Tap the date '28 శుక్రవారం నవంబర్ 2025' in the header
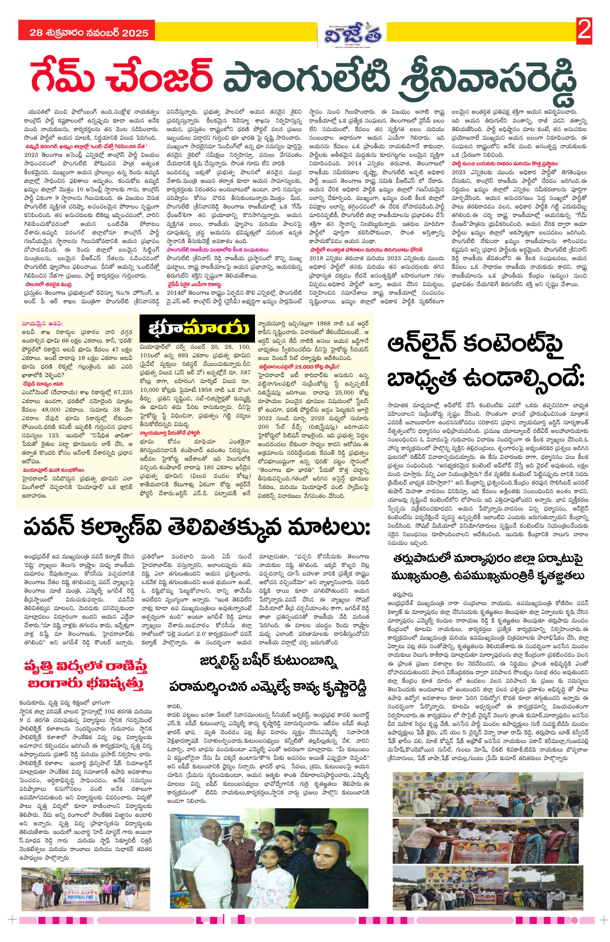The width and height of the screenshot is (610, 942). (x=89, y=33)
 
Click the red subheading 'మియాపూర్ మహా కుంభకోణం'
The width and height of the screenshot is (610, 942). (x=53, y=470)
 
